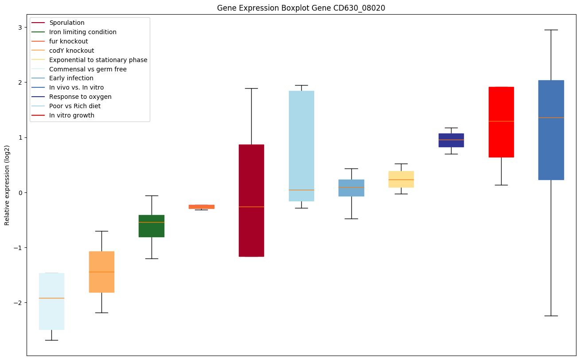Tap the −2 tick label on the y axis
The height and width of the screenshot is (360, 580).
(19, 302)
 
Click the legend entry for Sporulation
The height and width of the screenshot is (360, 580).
(67, 23)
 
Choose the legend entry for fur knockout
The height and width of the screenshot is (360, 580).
(69, 41)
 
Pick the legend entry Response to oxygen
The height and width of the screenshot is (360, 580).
(80, 97)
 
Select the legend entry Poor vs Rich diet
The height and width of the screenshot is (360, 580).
(75, 106)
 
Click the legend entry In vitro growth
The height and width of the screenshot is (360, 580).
(72, 115)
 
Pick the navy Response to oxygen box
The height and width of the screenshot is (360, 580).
(451, 140)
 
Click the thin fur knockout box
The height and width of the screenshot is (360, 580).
(202, 207)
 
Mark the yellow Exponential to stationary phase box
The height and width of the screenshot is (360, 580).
(401, 179)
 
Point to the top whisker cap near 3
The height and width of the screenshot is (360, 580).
(551, 30)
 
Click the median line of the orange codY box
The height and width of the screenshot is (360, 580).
(101, 272)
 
